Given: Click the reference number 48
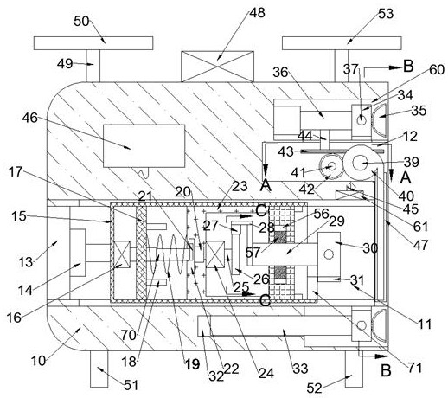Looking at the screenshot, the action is pyautogui.click(x=257, y=13).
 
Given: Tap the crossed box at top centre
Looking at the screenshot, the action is pyautogui.click(x=217, y=67).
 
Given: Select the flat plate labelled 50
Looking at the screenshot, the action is pyautogui.click(x=93, y=43).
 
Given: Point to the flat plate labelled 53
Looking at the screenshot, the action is pyautogui.click(x=342, y=43).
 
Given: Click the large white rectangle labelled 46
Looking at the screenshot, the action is pyautogui.click(x=144, y=146).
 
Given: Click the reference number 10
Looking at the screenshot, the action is pyautogui.click(x=38, y=361).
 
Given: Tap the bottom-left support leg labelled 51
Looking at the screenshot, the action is pyautogui.click(x=99, y=369).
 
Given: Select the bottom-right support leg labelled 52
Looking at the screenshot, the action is pyautogui.click(x=354, y=369).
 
